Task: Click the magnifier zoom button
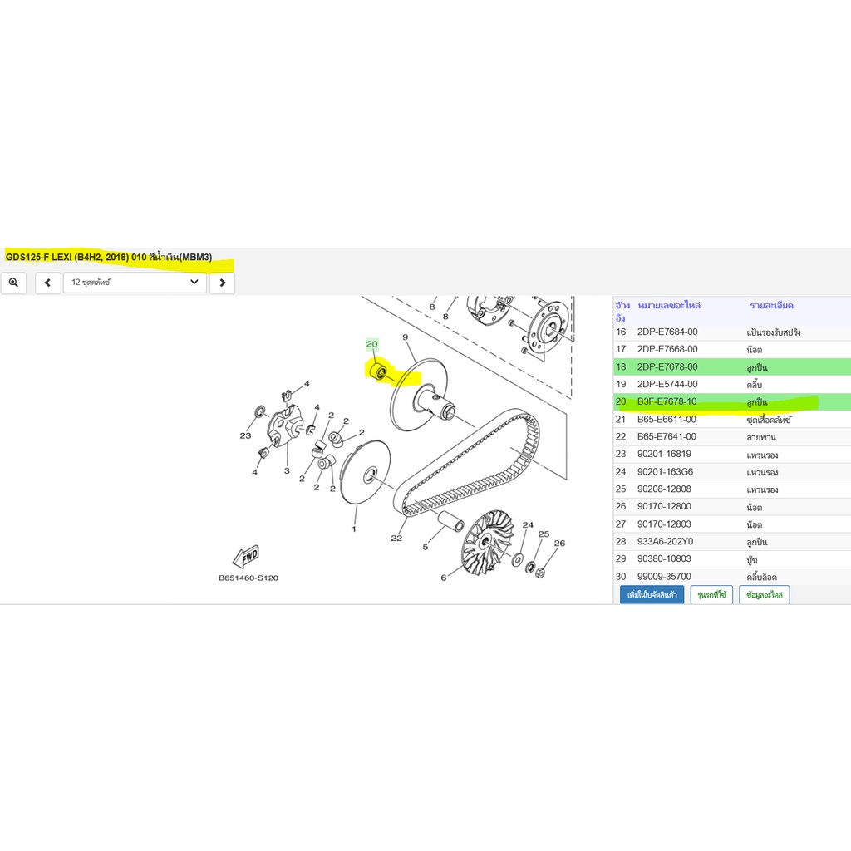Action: (x=13, y=283)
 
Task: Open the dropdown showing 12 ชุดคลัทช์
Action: (x=135, y=283)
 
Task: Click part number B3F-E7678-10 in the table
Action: (x=667, y=401)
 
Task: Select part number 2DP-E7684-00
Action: (x=667, y=332)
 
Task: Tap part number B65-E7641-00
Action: (x=667, y=436)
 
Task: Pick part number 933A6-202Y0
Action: (x=665, y=541)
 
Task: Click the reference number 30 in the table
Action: (x=621, y=577)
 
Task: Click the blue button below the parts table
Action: (x=652, y=595)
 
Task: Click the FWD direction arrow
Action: (x=246, y=556)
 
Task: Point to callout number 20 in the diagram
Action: (x=371, y=343)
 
